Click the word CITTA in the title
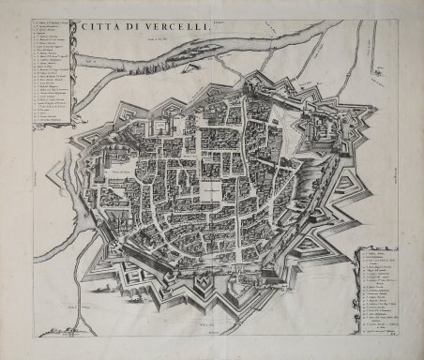97,27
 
